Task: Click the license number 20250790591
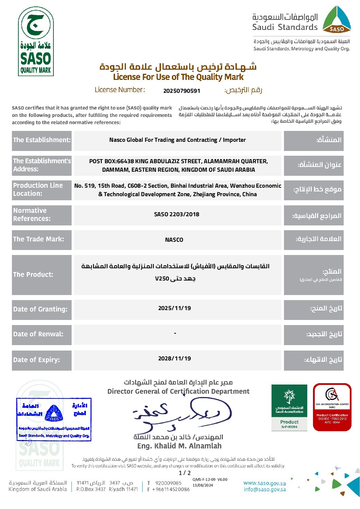(x=182, y=91)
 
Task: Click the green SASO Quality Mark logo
(x=36, y=41)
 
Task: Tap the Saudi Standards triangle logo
(x=337, y=20)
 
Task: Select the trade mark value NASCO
(x=174, y=240)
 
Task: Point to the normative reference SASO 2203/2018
(x=177, y=214)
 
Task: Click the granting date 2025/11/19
(x=175, y=308)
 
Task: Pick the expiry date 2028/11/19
(x=175, y=358)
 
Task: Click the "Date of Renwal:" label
(x=38, y=334)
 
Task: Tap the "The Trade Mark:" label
(x=38, y=239)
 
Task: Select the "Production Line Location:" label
(x=38, y=189)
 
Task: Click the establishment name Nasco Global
(x=177, y=140)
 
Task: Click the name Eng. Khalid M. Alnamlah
(x=179, y=446)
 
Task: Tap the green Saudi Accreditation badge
(x=289, y=407)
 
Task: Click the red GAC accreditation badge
(x=332, y=407)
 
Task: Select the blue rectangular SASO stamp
(x=54, y=420)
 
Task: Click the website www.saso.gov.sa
(x=265, y=483)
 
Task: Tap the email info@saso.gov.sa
(x=265, y=490)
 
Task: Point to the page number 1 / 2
(x=185, y=473)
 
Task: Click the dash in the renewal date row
(x=175, y=333)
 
